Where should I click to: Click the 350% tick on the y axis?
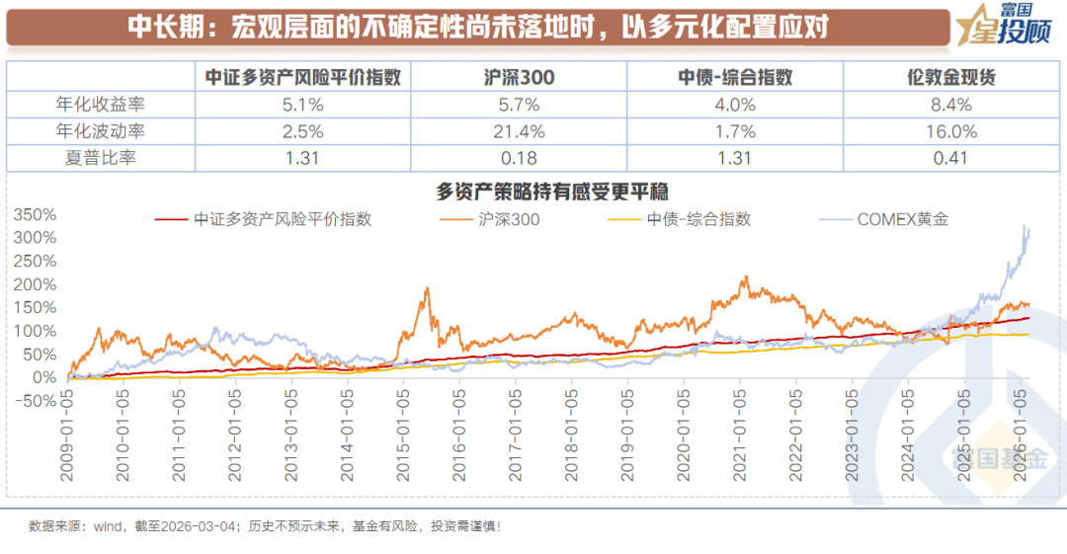tap(36, 214)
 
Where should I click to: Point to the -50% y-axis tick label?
tap(36, 401)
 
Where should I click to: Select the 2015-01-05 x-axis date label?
tap(402, 445)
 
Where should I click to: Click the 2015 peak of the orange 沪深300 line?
tap(427, 288)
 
